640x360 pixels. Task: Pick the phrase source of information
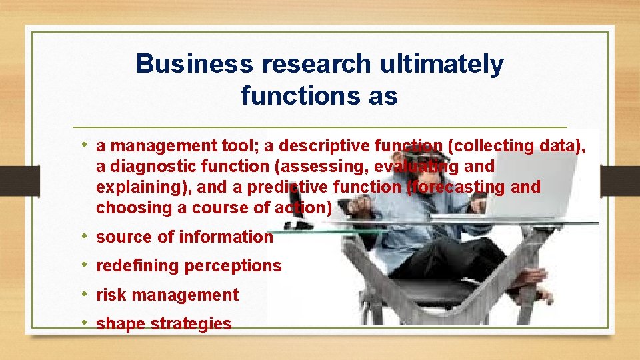[185, 237]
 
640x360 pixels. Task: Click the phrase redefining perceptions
[189, 266]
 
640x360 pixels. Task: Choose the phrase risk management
[167, 295]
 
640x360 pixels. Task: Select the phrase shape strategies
[164, 324]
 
